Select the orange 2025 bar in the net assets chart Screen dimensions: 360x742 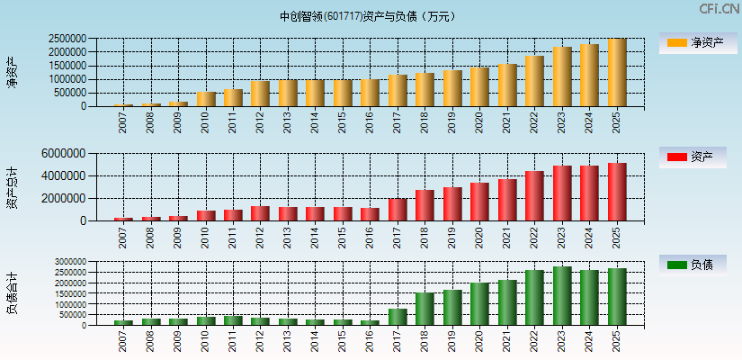click(617, 73)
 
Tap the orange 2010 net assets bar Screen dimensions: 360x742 click(206, 99)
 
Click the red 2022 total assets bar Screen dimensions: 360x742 click(534, 196)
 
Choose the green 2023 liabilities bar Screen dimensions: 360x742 click(562, 296)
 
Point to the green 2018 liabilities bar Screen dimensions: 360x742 click(425, 309)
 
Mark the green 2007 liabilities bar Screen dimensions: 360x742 click(123, 322)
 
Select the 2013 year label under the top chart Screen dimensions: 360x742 click(288, 121)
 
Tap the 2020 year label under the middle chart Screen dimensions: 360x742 click(479, 236)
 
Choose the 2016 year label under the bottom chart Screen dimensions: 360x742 click(370, 342)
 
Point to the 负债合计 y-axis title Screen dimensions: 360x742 click(12, 293)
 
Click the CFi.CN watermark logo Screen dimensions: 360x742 click(719, 9)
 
